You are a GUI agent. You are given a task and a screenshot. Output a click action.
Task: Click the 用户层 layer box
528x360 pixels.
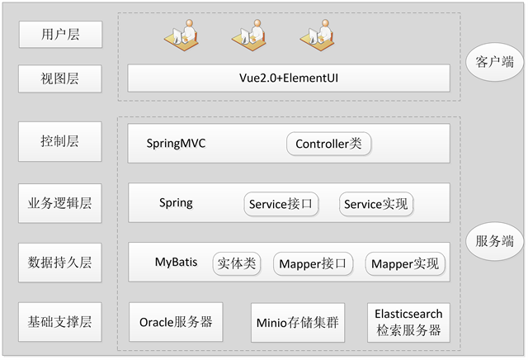tap(60, 35)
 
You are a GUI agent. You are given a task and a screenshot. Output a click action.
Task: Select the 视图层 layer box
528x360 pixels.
tap(60, 78)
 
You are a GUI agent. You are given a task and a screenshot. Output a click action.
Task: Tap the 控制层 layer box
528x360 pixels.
tap(60, 141)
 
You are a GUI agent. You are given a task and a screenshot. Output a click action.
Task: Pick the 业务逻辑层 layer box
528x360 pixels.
tap(60, 203)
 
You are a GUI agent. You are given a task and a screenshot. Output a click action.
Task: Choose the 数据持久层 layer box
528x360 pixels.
tap(60, 263)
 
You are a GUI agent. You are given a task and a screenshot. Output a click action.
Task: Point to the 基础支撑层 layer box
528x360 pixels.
tap(60, 321)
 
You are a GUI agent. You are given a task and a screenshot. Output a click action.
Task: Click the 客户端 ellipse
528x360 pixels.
tap(495, 62)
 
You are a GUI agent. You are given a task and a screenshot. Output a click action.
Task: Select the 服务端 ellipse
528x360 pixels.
tap(495, 241)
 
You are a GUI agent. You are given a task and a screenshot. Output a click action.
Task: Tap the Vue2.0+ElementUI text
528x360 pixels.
tap(289, 78)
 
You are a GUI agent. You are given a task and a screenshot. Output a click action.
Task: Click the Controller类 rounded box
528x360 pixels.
tap(328, 144)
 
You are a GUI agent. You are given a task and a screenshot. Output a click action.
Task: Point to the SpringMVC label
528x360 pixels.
tap(176, 144)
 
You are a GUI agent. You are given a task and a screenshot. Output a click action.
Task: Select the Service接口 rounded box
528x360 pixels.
tap(280, 204)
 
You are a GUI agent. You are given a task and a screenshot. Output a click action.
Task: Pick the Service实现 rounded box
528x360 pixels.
tap(376, 204)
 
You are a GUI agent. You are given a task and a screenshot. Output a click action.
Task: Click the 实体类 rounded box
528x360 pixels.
tap(237, 263)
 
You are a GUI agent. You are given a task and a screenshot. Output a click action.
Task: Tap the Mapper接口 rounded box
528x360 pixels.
tap(313, 263)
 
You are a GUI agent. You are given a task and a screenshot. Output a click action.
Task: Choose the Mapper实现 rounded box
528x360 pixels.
tap(405, 263)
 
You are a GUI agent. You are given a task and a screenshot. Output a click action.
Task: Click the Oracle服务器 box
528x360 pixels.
tap(176, 322)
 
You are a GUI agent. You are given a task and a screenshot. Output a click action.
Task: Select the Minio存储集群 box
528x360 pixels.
tap(298, 323)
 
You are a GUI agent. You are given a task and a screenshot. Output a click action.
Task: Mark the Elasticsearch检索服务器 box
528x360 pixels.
tap(408, 323)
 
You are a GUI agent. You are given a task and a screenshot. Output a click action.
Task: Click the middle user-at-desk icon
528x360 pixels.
tap(249, 35)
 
